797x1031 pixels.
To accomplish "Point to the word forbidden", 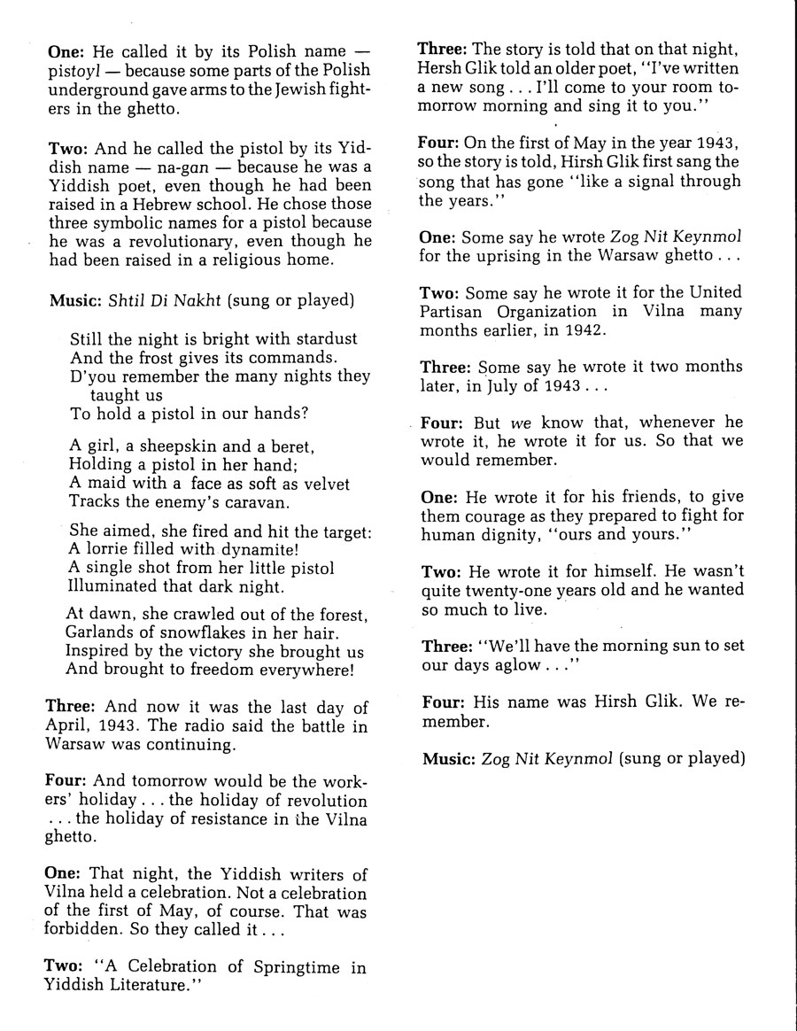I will point(84,931).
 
